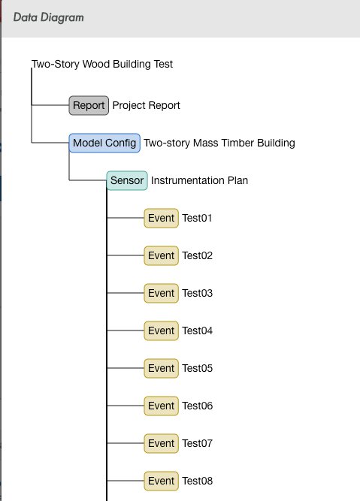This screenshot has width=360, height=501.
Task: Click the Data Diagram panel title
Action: tap(49, 17)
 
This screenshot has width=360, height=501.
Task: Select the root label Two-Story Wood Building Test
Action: tap(102, 64)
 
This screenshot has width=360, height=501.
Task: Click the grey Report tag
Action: tap(89, 105)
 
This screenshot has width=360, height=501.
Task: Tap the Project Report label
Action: tap(146, 105)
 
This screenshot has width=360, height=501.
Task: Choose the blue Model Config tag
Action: tap(104, 143)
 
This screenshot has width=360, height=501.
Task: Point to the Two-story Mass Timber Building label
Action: tap(219, 143)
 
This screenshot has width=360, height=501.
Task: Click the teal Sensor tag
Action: tap(127, 180)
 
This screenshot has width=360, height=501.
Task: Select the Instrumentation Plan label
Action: tap(199, 180)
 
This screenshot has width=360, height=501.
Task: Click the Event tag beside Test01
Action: tap(161, 218)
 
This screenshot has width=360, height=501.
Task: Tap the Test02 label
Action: tap(197, 255)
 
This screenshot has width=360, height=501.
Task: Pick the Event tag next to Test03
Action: tap(161, 293)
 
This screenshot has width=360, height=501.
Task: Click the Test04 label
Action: tap(197, 330)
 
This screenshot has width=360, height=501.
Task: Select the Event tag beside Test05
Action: tap(161, 368)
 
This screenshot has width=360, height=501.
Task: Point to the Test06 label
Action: tap(197, 406)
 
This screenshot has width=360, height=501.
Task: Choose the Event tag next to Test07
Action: tap(161, 443)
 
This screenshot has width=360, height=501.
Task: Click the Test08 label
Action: tap(197, 481)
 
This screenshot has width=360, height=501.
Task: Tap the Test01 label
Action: tap(197, 218)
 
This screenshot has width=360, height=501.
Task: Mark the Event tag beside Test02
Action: tap(161, 255)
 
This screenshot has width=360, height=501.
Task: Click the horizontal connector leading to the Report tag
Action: tap(50, 105)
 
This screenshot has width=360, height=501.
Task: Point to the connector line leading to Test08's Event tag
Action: tap(126, 481)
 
